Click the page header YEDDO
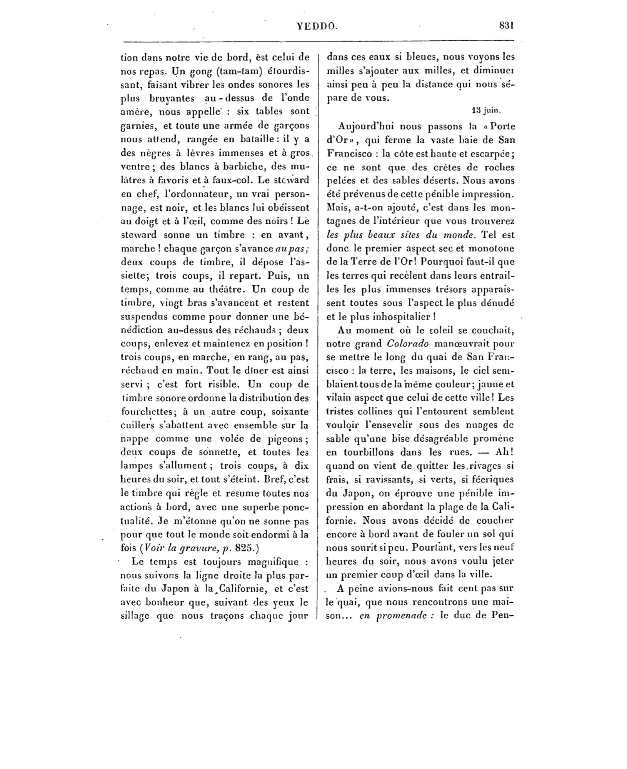point(317,26)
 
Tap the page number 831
point(506,25)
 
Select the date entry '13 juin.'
point(486,110)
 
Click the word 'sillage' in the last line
point(135,616)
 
